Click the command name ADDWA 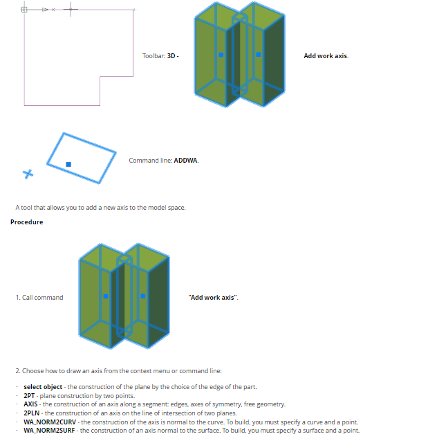click(185, 161)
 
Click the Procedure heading click(27, 222)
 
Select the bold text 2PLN click(31, 413)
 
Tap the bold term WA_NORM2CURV click(50, 422)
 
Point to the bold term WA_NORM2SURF click(49, 431)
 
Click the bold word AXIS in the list click(30, 404)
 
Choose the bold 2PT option click(29, 396)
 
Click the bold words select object click(43, 387)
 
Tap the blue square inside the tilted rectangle click(68, 164)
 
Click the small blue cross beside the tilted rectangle click(28, 174)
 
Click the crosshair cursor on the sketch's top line click(71, 9)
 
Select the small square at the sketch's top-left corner click(24, 10)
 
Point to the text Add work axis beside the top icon click(326, 55)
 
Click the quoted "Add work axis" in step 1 click(213, 297)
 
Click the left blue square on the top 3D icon click(221, 55)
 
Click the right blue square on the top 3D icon click(259, 55)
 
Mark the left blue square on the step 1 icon click(106, 296)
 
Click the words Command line click(150, 161)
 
